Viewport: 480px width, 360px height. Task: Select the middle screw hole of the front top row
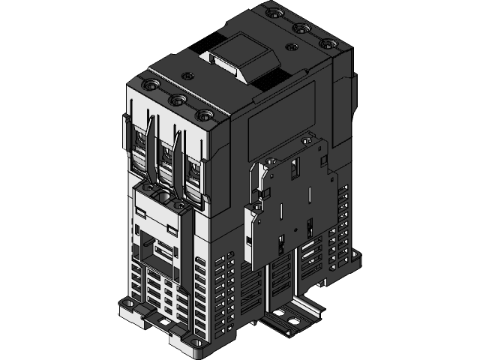click(x=178, y=99)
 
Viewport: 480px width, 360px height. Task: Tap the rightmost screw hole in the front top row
click(x=202, y=115)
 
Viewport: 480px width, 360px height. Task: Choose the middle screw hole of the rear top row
click(x=302, y=28)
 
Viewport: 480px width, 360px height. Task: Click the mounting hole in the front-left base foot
click(x=127, y=307)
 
